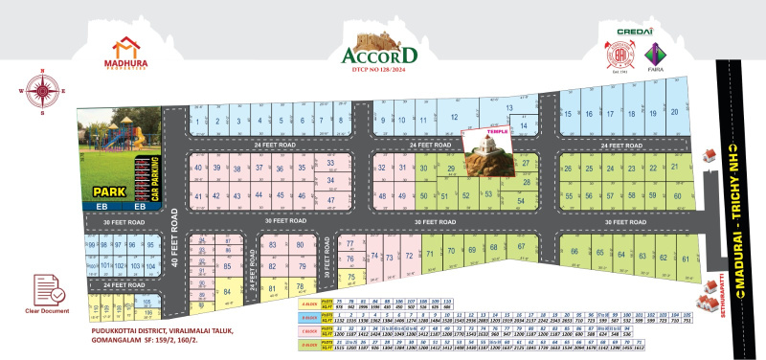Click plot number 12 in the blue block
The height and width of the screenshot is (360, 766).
click(442, 114)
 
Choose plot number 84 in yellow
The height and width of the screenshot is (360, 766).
click(228, 291)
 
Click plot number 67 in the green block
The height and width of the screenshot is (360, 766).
click(522, 248)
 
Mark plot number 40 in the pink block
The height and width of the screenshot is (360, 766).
click(199, 168)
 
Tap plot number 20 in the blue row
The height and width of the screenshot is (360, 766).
click(675, 113)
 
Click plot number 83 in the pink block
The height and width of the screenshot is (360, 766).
click(274, 245)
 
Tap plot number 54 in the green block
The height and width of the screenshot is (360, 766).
click(521, 200)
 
